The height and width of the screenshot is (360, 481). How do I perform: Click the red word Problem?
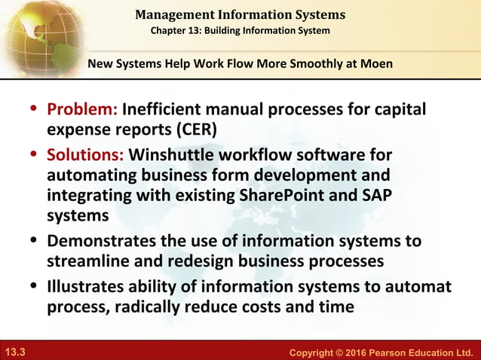pos(81,111)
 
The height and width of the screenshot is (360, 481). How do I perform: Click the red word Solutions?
pos(85,156)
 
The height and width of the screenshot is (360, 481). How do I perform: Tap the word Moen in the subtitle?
pos(375,63)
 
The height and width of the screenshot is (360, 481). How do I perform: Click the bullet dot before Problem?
pos(35,111)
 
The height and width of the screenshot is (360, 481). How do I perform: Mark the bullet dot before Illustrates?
pos(35,287)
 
